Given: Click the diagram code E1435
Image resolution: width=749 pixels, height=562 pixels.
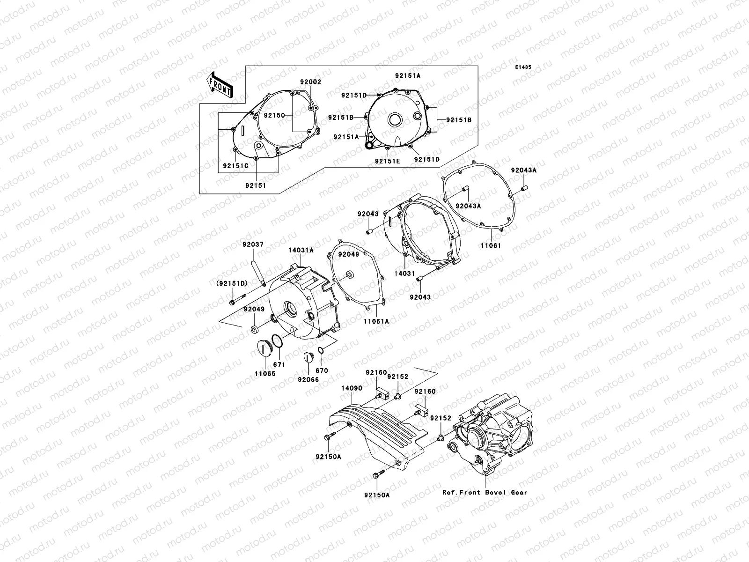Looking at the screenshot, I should pos(523,67).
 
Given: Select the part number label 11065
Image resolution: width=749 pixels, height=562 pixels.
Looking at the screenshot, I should pos(265,374).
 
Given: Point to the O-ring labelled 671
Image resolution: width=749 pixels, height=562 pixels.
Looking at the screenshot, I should pos(278,342).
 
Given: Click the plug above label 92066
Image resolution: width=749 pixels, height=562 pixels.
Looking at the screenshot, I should pos(308,357).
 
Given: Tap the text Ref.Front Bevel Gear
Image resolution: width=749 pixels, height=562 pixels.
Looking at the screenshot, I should pos(485,492).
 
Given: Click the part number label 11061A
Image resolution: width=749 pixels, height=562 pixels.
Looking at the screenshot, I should pos(376,322).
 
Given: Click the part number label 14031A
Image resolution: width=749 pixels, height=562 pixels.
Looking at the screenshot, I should pos(301,251).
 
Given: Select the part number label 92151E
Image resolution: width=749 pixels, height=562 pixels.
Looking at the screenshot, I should pos(387,161).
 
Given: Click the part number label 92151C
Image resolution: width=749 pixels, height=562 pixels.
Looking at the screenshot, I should pos(235,166).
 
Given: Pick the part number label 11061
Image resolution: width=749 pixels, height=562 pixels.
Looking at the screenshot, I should pos(490,244).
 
